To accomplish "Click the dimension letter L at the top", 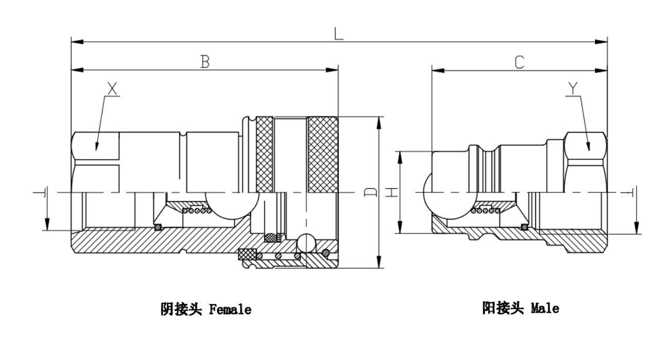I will (x=338, y=33).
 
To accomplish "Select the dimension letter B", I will (x=205, y=62).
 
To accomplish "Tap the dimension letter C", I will (x=519, y=62).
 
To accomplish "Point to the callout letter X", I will (x=112, y=88).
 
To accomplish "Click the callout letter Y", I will (x=573, y=88).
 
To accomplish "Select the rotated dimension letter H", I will (x=392, y=192).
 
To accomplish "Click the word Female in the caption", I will (x=230, y=310).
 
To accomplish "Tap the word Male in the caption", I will (x=544, y=309).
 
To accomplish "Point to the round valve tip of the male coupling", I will (x=431, y=193).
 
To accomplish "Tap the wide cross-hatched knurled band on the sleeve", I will (x=322, y=154).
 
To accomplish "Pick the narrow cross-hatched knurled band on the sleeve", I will (x=265, y=154).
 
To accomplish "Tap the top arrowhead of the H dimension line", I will (x=400, y=155).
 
